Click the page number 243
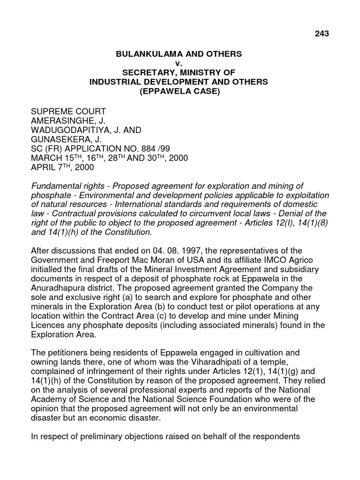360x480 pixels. point(322,33)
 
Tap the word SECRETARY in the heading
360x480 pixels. point(147,72)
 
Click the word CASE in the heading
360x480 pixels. point(203,91)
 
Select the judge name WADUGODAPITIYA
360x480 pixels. point(69,130)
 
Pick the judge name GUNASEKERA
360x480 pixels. point(59,139)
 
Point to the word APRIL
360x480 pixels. point(43,167)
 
